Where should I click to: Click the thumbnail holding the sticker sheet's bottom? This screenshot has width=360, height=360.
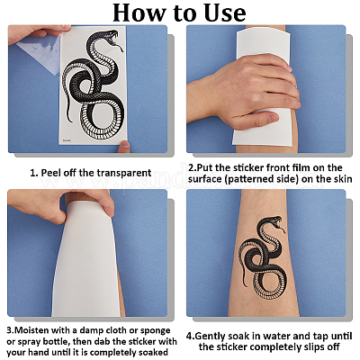pyautogui.click(x=124, y=146)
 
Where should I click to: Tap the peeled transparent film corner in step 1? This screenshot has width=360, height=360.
pyautogui.click(x=39, y=57)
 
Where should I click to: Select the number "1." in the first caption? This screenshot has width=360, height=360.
pyautogui.click(x=34, y=173)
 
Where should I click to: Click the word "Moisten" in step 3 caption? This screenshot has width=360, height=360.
pyautogui.click(x=31, y=330)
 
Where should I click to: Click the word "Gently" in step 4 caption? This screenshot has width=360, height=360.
pyautogui.click(x=211, y=336)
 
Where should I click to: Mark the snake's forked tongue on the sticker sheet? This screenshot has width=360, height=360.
pyautogui.click(x=120, y=47)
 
